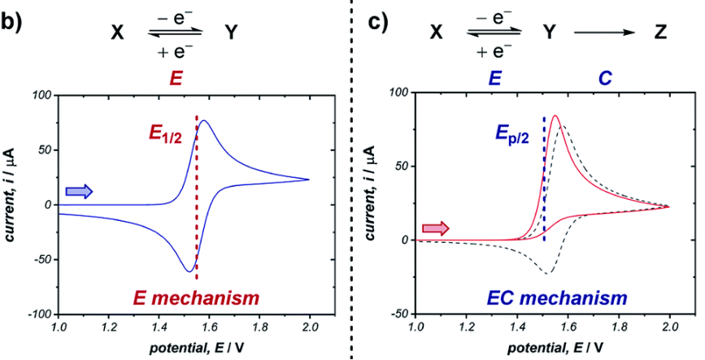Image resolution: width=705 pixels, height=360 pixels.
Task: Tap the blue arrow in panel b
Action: point(79,191)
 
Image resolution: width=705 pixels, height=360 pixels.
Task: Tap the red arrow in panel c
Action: point(436,229)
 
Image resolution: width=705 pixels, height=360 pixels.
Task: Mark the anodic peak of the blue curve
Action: point(204,121)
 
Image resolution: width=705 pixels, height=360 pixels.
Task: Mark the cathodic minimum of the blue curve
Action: point(189,271)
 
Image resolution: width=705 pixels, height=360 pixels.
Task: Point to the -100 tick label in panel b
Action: point(38,314)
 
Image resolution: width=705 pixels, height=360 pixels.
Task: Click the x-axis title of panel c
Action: point(542,349)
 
